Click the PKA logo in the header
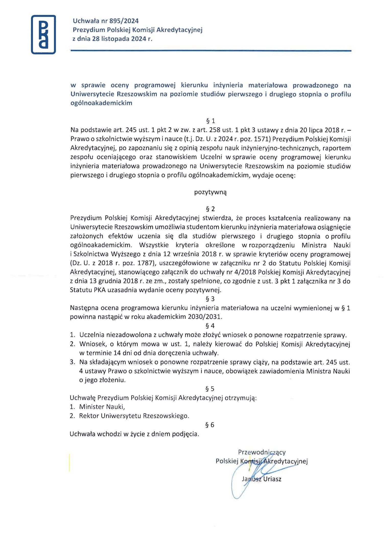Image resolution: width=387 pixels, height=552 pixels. [x=43, y=34]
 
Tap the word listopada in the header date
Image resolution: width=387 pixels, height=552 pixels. [x=116, y=39]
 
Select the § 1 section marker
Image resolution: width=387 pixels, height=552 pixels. [x=210, y=121]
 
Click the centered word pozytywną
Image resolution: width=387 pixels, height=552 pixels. [x=210, y=192]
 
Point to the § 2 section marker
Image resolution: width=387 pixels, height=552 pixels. [x=210, y=209]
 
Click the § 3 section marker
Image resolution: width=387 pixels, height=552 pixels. [x=210, y=299]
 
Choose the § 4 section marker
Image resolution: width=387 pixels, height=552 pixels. [x=210, y=326]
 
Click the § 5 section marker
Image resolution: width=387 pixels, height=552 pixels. [x=210, y=389]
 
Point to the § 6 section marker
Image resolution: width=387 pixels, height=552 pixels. [x=210, y=425]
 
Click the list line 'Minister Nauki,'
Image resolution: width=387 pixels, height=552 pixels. [x=102, y=407]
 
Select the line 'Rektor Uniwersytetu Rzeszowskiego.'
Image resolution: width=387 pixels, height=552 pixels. [x=134, y=416]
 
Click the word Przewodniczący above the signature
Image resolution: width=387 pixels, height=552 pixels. [x=262, y=452]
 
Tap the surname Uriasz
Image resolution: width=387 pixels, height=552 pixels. [x=272, y=479]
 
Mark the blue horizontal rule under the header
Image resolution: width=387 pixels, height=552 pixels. [x=211, y=51]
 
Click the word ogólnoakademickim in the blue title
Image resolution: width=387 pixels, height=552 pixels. [x=101, y=103]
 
